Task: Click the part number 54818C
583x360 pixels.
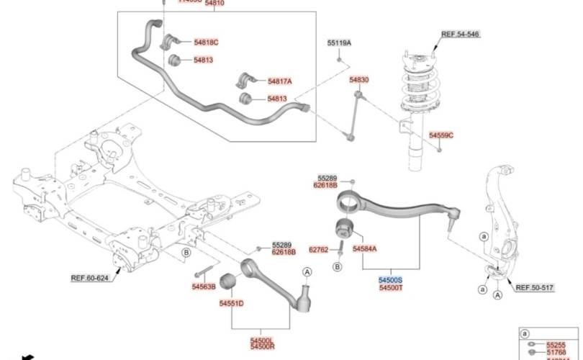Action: coord(206,42)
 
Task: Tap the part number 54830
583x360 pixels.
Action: coord(359,79)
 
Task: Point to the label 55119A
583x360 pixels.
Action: coord(339,43)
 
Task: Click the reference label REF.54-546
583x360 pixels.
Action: coord(460,34)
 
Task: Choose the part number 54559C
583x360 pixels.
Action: coord(441,135)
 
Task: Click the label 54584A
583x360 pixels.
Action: coord(365,248)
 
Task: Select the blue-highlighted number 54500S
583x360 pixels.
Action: coord(392,279)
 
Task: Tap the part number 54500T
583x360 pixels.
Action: coord(392,287)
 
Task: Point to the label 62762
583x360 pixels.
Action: coord(318,250)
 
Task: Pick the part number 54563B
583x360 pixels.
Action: coord(204,286)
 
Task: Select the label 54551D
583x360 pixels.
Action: coord(232,304)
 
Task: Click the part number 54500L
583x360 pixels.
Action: coord(262,340)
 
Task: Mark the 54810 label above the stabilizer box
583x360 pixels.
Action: coord(214,4)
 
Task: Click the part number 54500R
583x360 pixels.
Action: coord(262,347)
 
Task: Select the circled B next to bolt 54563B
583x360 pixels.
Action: coord(186,252)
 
